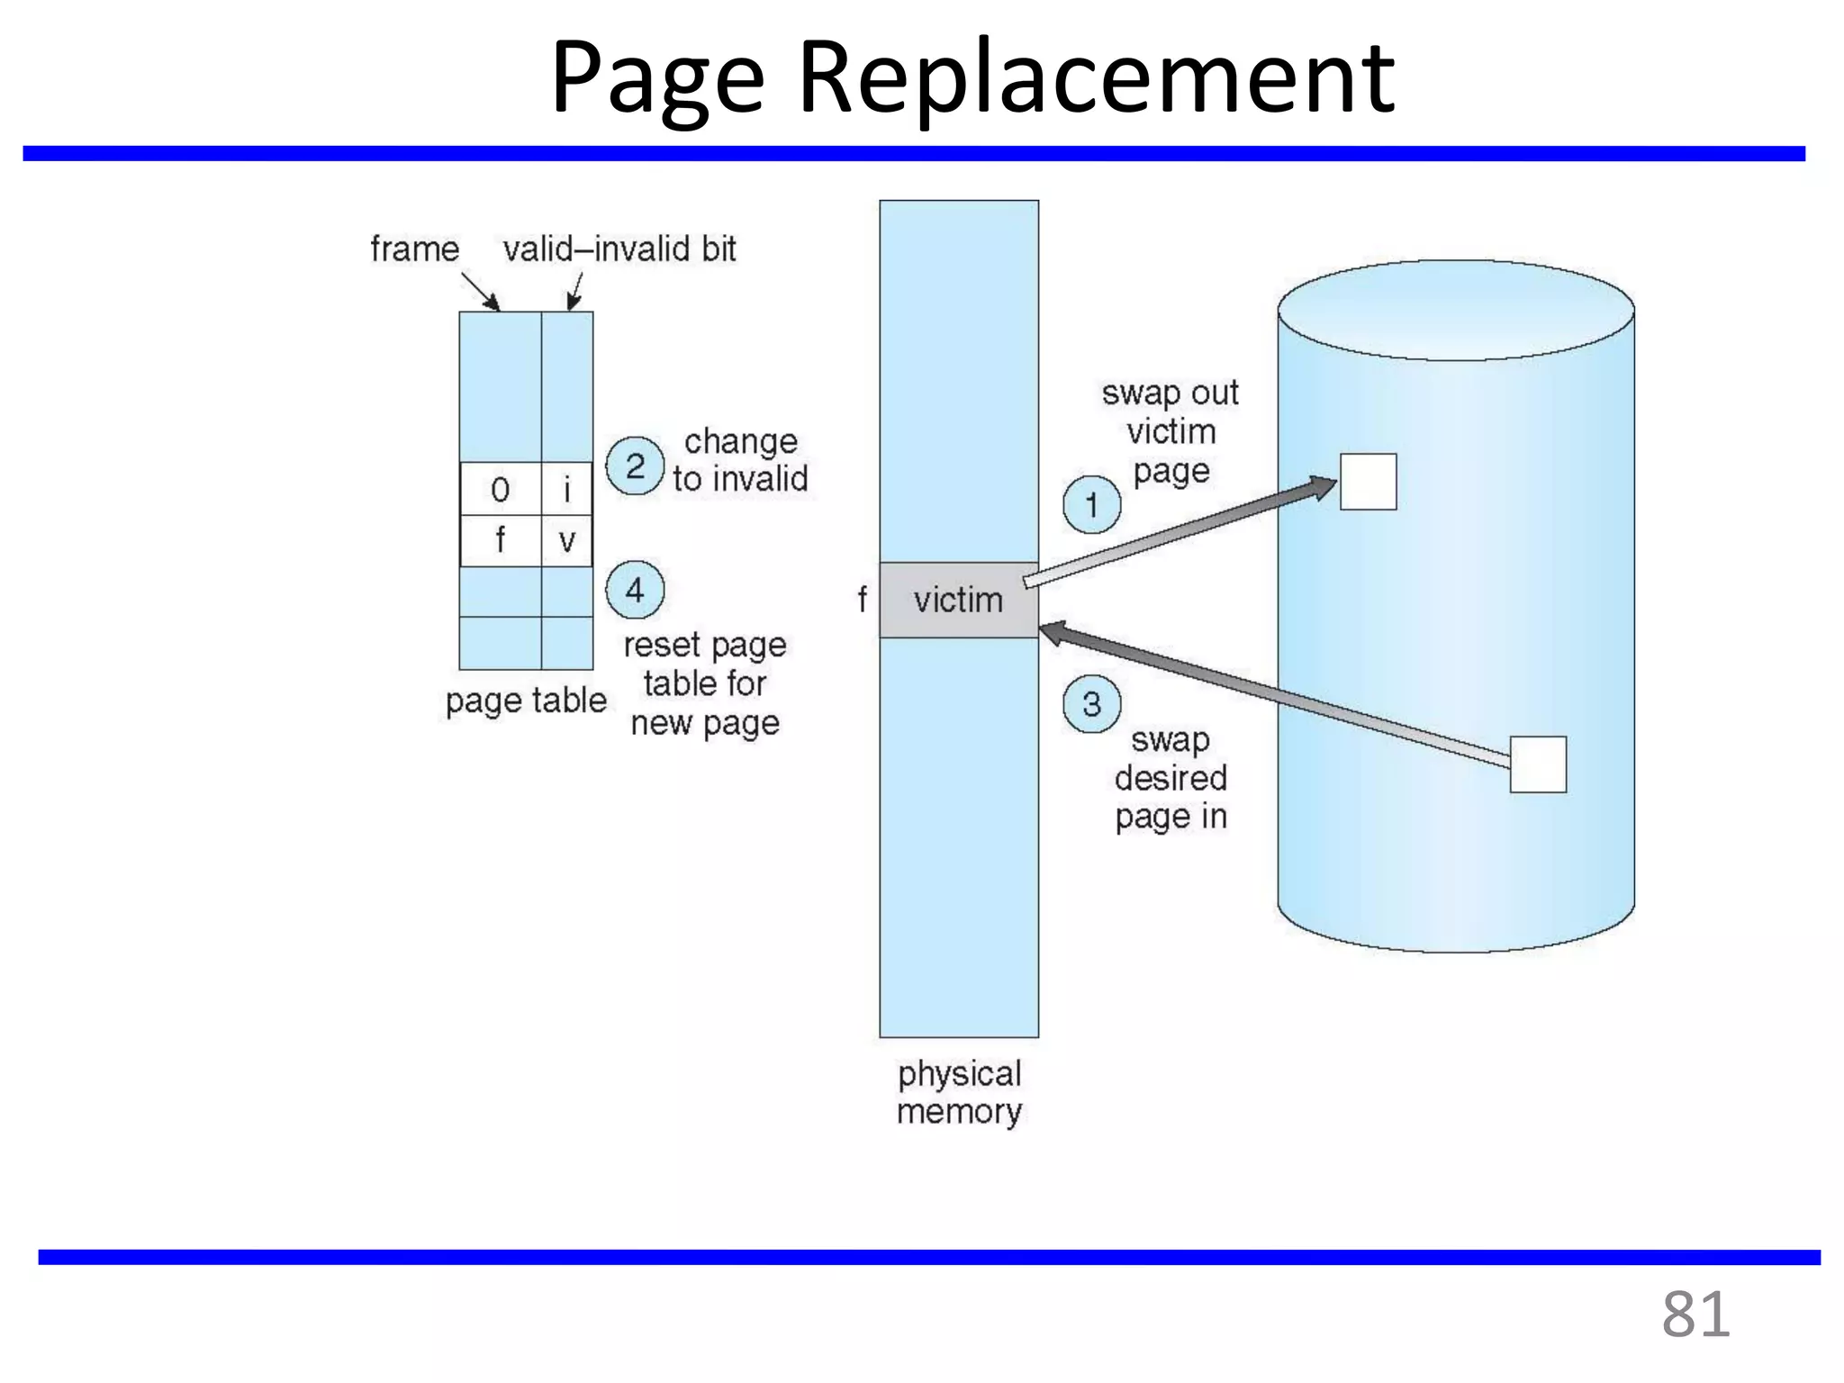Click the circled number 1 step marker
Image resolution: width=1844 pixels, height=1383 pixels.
[1091, 505]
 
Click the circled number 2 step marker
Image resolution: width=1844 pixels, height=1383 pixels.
[635, 466]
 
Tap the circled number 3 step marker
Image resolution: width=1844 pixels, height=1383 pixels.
[1091, 703]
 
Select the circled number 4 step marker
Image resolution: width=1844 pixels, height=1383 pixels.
[635, 590]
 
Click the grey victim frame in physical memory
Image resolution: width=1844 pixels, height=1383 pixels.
[958, 600]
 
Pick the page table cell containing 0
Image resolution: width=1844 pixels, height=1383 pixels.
[501, 490]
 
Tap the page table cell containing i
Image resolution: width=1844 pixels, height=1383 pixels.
[566, 490]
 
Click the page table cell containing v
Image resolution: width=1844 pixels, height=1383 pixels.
[566, 541]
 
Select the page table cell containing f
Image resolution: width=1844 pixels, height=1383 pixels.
[501, 541]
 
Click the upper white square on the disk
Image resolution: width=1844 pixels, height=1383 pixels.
[1368, 482]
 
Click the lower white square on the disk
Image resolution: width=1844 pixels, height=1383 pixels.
[1538, 764]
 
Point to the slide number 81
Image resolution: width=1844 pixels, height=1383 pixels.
[1695, 1315]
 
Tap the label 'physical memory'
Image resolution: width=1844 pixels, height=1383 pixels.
[959, 1092]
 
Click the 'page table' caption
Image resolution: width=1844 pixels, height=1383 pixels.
[526, 701]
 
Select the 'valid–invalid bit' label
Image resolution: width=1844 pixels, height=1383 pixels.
[619, 249]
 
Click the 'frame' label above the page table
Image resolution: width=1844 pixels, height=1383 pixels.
[415, 249]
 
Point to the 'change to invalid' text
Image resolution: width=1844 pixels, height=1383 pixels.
[740, 460]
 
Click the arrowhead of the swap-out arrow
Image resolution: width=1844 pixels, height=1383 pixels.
[1323, 487]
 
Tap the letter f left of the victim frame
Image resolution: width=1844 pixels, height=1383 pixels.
[862, 599]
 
